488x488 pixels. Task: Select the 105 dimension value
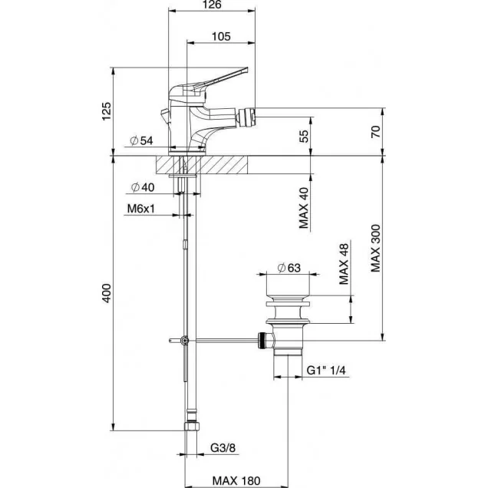tap(221, 36)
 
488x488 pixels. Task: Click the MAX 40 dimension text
tap(304, 209)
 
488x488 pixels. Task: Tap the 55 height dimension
tap(304, 136)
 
